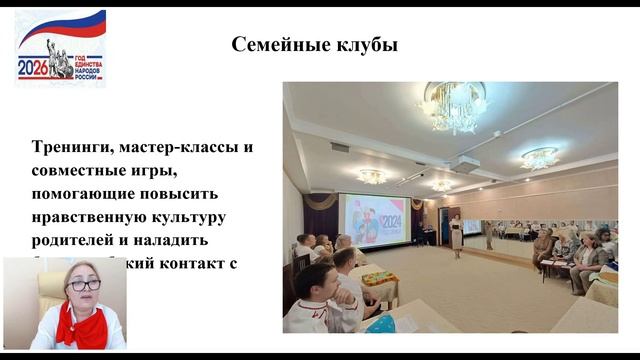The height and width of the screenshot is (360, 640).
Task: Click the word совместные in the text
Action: pyautogui.click(x=79, y=170)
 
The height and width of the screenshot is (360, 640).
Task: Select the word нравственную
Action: pyautogui.click(x=89, y=217)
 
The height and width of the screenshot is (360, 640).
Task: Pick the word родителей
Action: pyautogui.click(x=73, y=240)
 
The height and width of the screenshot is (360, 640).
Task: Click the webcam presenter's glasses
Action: pyautogui.click(x=84, y=285)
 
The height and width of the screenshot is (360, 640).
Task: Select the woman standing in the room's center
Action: pyautogui.click(x=456, y=231)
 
